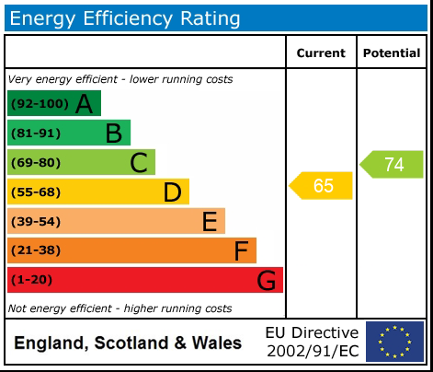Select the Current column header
pyautogui.click(x=321, y=53)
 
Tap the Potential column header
pyautogui.click(x=392, y=53)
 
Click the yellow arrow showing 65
pyautogui.click(x=322, y=186)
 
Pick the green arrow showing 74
pyautogui.click(x=393, y=164)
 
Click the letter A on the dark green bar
pyautogui.click(x=84, y=104)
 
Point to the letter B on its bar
pyautogui.click(x=113, y=134)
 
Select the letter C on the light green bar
pyautogui.click(x=139, y=163)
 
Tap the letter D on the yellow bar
pyautogui.click(x=172, y=192)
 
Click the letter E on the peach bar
pyautogui.click(x=209, y=222)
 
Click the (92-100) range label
pyautogui.click(x=38, y=104)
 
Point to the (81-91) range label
pyautogui.click(x=35, y=134)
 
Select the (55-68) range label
pyautogui.click(x=35, y=192)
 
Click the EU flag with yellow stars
pyautogui.click(x=394, y=342)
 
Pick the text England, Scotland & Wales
pyautogui.click(x=128, y=343)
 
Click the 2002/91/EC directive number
pyautogui.click(x=313, y=351)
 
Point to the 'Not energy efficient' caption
pyautogui.click(x=120, y=308)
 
